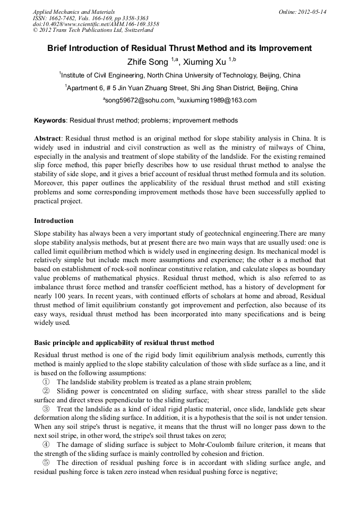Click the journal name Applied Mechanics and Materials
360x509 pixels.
74,11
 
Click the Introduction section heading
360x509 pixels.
54,220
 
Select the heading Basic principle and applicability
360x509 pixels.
124,342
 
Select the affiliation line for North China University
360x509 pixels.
180,75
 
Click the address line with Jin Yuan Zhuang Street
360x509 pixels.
181,88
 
